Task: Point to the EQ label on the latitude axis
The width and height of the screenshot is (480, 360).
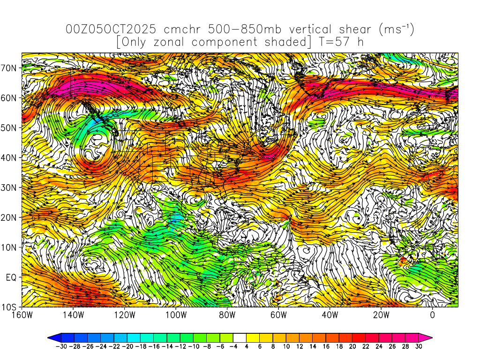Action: click(x=12, y=277)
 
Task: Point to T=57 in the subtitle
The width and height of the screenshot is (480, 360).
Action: click(x=332, y=42)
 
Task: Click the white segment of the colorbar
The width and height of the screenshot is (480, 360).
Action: click(x=240, y=337)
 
